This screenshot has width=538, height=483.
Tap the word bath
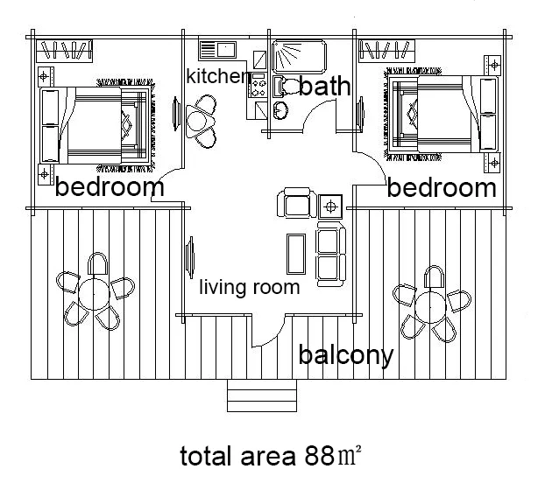324,86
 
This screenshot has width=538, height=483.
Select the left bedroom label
110,186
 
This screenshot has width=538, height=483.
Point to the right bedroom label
442,187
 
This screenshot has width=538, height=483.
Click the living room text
250,287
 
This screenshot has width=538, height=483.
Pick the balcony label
345,355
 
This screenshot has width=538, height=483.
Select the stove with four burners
258,86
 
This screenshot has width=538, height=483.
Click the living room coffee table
295,254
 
